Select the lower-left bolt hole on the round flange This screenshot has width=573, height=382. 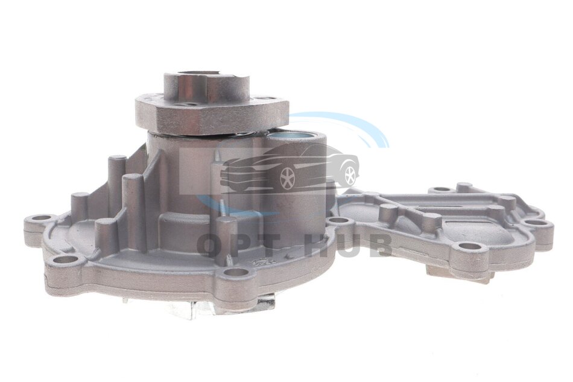pyautogui.click(x=67, y=260)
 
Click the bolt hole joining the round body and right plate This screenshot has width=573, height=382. pyautogui.click(x=338, y=221)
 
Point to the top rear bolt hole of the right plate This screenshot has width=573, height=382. pyautogui.click(x=442, y=189)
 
